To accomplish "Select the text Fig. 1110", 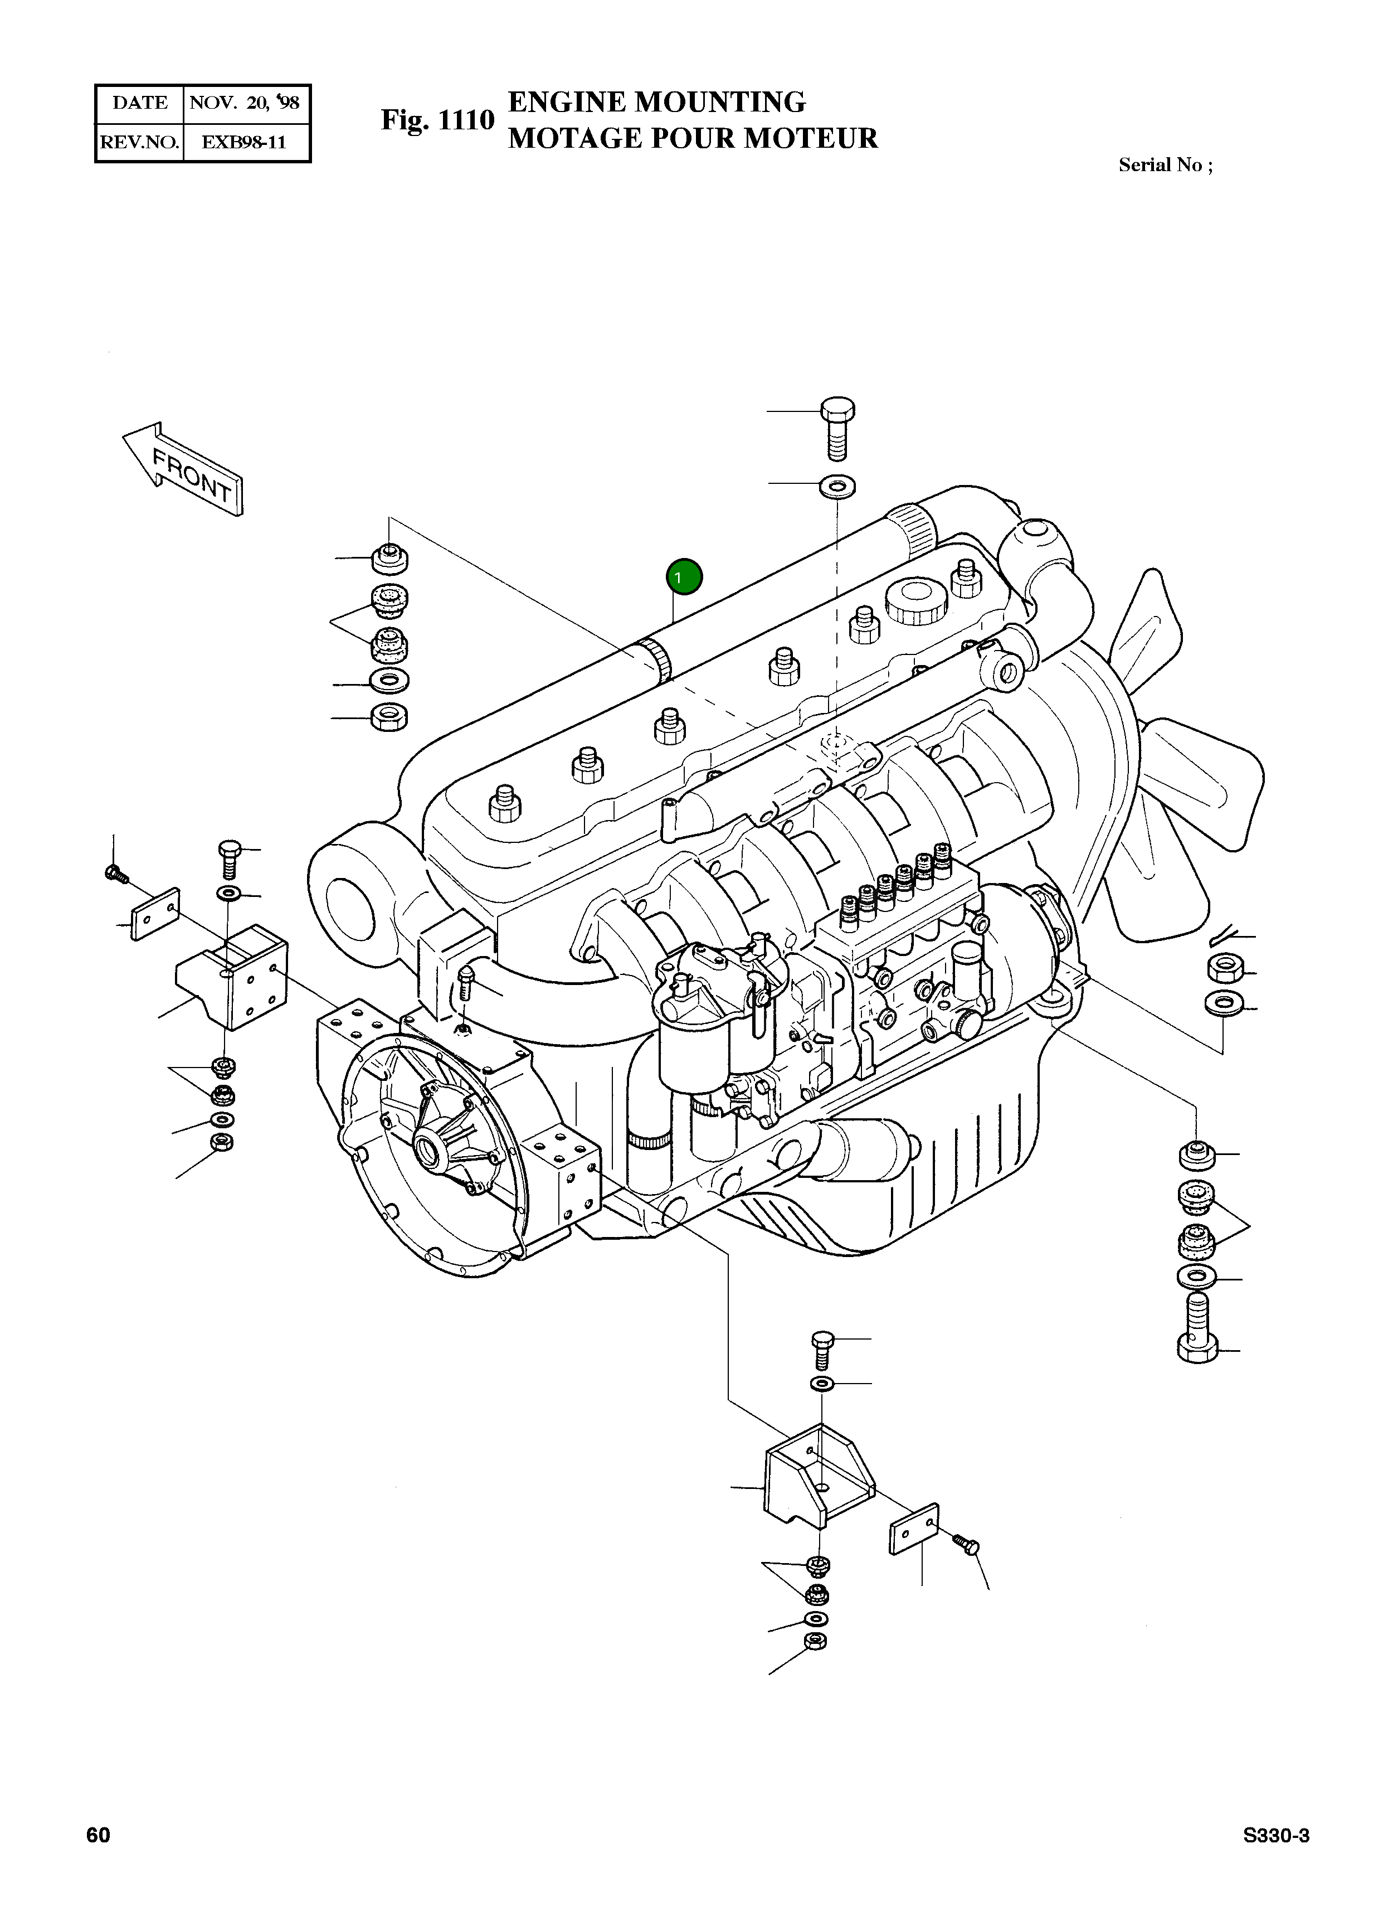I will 437,120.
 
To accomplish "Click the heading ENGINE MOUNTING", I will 656,102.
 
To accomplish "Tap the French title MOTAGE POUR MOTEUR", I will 693,138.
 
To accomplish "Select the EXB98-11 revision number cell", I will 245,142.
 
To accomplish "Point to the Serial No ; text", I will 1165,165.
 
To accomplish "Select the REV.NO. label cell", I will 140,142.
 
